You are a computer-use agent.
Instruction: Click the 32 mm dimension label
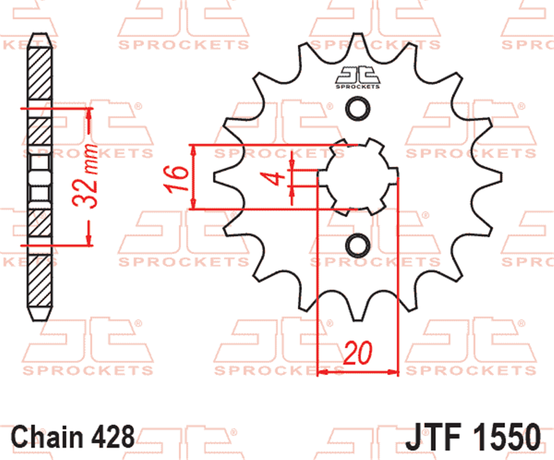(x=85, y=176)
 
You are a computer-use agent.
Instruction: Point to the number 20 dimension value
(x=358, y=353)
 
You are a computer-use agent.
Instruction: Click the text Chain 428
(x=73, y=436)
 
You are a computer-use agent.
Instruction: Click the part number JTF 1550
(x=472, y=437)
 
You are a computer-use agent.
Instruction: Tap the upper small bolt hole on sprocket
(x=358, y=109)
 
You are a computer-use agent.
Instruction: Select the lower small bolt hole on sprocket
(x=358, y=245)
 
